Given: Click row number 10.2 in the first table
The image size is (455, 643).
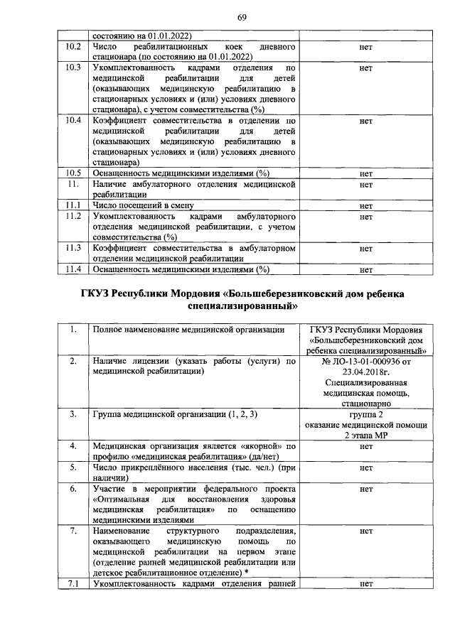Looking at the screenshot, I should coord(71,46).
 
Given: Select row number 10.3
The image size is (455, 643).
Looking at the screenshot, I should coord(71,67).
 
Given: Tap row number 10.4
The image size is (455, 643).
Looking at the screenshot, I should coord(71,121).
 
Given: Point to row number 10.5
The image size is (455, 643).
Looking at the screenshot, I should coord(71,173).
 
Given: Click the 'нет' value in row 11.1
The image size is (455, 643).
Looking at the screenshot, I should coord(367,205).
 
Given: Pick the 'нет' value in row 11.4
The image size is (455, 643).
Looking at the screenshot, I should coord(367,269).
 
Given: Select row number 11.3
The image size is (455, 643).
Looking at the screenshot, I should coord(71,248).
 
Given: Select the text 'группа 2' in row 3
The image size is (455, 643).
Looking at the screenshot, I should coord(367,414).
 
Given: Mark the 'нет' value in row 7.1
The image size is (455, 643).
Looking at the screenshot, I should coord(367,585).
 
